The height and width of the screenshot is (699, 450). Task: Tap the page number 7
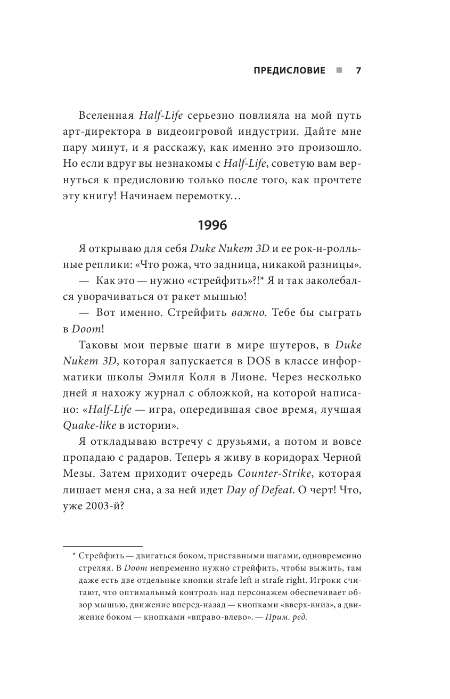[358, 70]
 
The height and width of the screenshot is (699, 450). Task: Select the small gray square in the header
[339, 70]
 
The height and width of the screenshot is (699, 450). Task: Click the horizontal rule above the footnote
[103, 547]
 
